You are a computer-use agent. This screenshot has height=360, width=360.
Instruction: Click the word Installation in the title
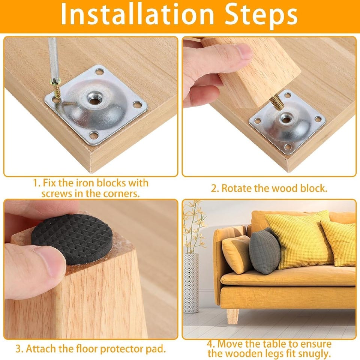point(137,15)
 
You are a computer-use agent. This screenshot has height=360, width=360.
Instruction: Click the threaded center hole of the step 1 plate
point(95,98)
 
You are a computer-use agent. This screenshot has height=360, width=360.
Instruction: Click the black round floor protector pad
point(72,239)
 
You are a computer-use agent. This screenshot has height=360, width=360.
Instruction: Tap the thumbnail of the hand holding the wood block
point(243,51)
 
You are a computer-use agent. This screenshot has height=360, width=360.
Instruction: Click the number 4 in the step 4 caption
point(210,344)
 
